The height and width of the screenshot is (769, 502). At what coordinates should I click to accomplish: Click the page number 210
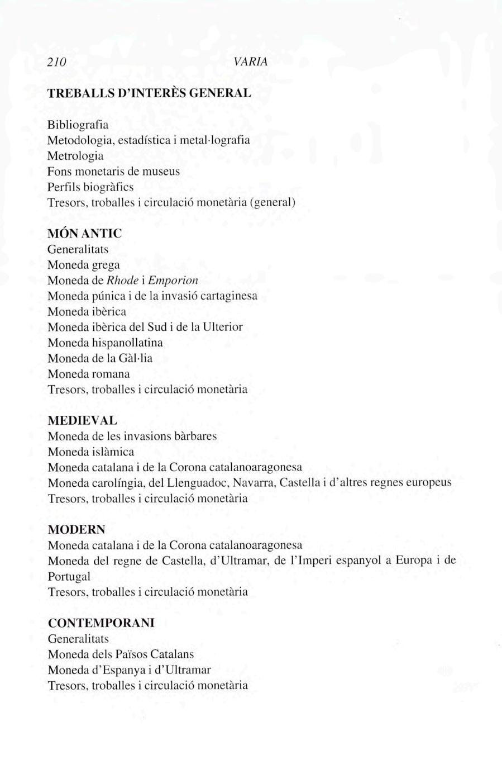[x=56, y=63]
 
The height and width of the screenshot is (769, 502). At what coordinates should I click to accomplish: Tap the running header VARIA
[x=251, y=62]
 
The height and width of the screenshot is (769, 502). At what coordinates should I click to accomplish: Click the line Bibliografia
[x=78, y=124]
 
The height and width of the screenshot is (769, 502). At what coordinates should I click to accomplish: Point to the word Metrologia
[x=75, y=155]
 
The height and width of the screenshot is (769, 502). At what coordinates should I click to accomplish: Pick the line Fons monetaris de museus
[x=114, y=171]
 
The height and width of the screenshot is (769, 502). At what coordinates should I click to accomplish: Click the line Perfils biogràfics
[x=90, y=187]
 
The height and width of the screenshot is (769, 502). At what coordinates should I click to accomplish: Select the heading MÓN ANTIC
[x=84, y=233]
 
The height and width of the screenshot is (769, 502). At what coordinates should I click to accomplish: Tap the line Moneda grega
[x=84, y=264]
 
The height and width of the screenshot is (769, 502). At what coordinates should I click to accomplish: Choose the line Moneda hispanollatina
[x=105, y=343]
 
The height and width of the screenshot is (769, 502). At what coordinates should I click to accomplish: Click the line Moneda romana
[x=89, y=374]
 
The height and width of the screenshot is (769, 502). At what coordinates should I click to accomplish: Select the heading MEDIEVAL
[x=83, y=420]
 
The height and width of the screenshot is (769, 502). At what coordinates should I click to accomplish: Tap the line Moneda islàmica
[x=91, y=452]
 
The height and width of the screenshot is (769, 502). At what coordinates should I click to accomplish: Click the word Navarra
[x=254, y=482]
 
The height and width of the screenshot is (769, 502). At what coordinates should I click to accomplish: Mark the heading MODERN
[x=77, y=529]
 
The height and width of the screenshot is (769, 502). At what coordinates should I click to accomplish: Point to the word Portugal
[x=69, y=576]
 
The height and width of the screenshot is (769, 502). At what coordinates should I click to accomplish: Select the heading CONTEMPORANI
[x=101, y=623]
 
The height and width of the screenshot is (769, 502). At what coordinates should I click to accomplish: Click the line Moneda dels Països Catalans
[x=121, y=654]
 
